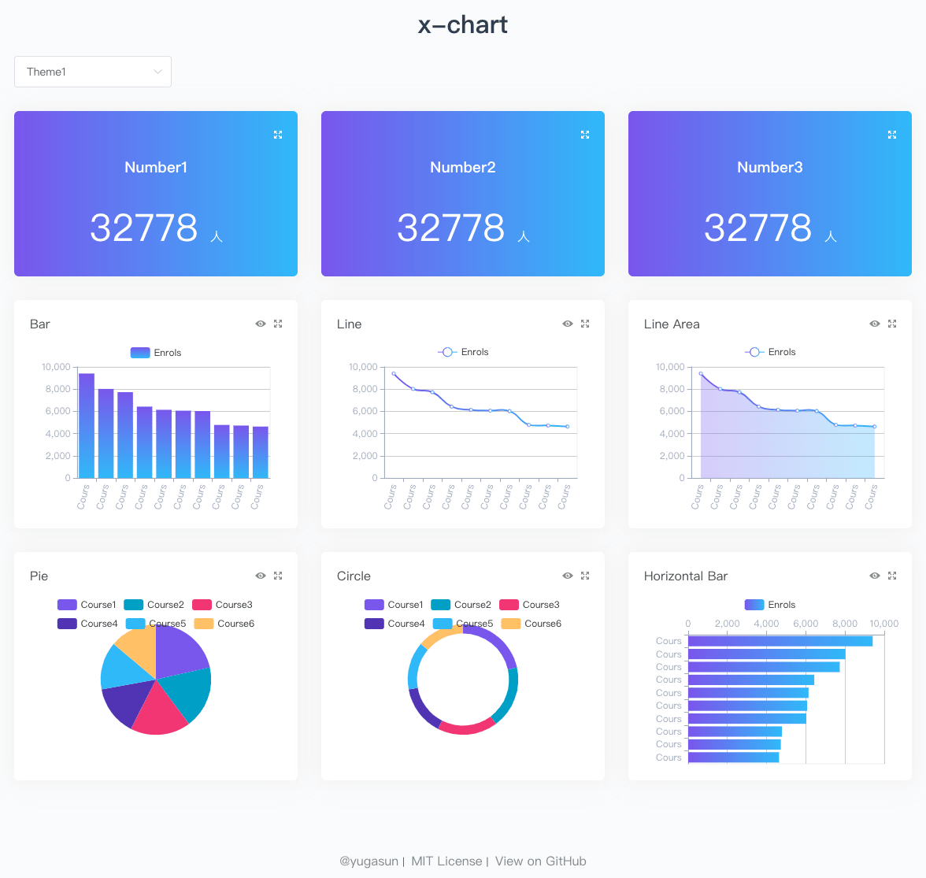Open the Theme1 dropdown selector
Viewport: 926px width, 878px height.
[x=93, y=72]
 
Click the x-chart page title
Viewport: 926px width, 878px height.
[x=463, y=25]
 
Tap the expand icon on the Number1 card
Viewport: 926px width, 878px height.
[x=278, y=135]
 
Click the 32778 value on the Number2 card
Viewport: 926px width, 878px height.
[x=450, y=228]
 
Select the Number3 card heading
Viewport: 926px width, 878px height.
[x=769, y=167]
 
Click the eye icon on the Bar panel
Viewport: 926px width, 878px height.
[x=261, y=324]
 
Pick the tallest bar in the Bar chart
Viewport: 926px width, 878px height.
[x=87, y=425]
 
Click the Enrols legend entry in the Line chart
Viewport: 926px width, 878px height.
[x=464, y=352]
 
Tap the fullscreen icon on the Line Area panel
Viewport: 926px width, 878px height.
[x=892, y=324]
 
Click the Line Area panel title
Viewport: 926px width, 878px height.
[x=671, y=324]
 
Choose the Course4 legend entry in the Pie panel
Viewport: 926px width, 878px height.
[x=87, y=624]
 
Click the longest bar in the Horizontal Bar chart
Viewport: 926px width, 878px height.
[x=780, y=641]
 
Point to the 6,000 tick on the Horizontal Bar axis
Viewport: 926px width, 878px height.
[x=806, y=624]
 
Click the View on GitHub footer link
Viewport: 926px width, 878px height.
[x=540, y=861]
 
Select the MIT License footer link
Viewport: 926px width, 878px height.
[x=446, y=861]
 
